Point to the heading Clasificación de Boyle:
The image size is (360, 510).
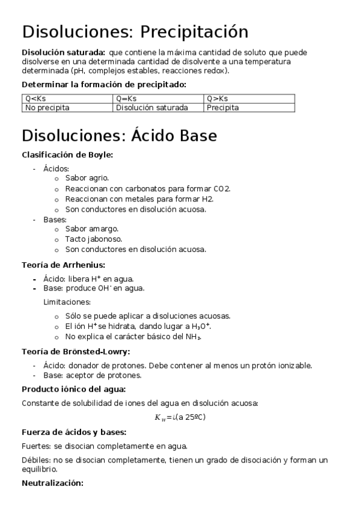click(x=67, y=155)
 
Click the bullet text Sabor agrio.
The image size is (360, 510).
click(x=87, y=178)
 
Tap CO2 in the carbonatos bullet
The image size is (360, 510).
click(x=222, y=188)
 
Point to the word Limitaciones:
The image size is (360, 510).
click(x=67, y=302)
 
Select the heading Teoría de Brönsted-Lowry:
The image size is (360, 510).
click(x=75, y=351)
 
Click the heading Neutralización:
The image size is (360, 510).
click(x=52, y=482)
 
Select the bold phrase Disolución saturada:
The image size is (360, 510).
click(x=63, y=52)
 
